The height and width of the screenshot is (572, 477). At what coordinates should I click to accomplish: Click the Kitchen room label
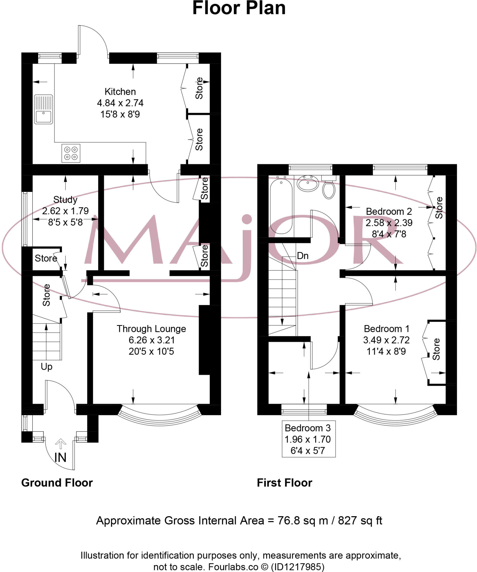tap(120, 92)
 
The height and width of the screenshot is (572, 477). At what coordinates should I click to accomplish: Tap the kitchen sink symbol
tap(43, 109)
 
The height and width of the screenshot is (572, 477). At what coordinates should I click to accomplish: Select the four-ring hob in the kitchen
tap(71, 153)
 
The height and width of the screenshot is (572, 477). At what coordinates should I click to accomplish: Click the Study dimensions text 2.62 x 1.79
tap(65, 211)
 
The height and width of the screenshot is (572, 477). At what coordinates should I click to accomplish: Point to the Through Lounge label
tap(151, 329)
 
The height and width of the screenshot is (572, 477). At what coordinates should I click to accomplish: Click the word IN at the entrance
tap(60, 457)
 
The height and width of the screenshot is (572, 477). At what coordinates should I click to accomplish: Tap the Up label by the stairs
tap(46, 366)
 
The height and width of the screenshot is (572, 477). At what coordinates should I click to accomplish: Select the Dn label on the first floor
tap(303, 256)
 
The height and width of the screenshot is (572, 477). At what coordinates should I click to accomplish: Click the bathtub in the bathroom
tap(281, 205)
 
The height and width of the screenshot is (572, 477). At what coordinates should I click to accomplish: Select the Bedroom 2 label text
tap(389, 211)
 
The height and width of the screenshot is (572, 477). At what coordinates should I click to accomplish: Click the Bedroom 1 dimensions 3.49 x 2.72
tap(386, 340)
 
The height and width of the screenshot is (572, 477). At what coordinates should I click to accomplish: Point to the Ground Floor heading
tap(57, 483)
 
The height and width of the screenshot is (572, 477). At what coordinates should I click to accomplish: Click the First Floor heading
tap(284, 483)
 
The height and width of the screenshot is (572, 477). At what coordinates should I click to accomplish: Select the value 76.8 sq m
tap(303, 521)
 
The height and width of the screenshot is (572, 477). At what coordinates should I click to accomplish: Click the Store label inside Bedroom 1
tap(436, 349)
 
